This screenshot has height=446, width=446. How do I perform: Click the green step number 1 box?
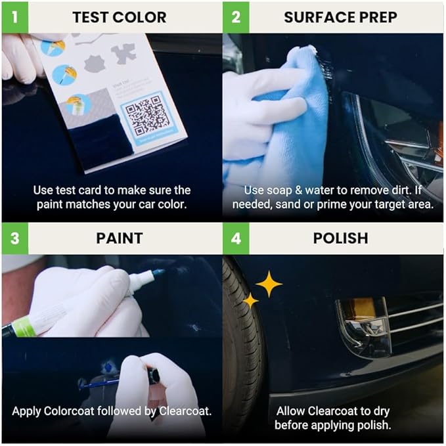coord(14,16)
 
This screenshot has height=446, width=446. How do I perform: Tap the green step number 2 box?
coord(236,16)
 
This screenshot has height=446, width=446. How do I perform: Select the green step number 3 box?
coord(14,238)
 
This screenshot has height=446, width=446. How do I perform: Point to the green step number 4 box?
coord(236,238)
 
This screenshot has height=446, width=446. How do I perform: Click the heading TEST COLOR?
coord(119,17)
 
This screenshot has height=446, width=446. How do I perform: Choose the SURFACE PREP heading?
coord(340,17)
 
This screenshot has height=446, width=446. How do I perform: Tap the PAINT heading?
coord(119,238)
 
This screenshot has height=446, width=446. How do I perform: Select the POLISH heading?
coord(340,238)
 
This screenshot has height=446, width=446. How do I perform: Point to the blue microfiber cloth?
coord(276,125)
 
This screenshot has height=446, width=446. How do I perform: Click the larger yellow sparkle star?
coord(268,284)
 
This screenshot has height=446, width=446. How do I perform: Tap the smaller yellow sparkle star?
coord(250,300)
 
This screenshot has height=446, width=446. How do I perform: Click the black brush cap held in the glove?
coord(153,376)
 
